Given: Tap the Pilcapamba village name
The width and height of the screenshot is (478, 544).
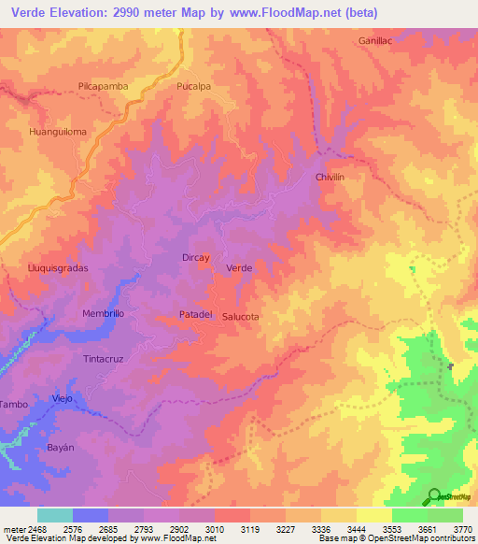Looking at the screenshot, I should [103, 85].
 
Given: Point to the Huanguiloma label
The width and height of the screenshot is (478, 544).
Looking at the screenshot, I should [58, 132].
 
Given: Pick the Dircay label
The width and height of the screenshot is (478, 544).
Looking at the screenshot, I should [195, 256].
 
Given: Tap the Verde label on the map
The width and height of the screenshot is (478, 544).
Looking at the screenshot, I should [240, 268].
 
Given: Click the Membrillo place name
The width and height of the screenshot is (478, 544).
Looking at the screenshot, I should [103, 313].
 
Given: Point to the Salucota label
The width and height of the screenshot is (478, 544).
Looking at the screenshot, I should [241, 317].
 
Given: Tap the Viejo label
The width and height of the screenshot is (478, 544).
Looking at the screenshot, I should [63, 398].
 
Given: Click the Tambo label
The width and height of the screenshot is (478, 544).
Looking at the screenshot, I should [13, 404].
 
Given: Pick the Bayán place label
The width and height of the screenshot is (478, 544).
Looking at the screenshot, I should [61, 449].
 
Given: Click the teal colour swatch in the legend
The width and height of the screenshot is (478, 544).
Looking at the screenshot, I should [55, 515].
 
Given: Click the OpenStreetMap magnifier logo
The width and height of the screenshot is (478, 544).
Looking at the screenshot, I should [434, 496].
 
